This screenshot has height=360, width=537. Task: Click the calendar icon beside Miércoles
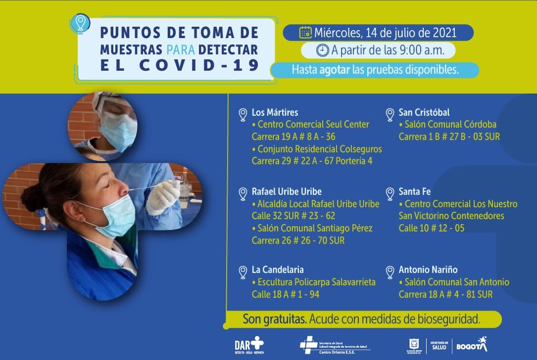click(x=305, y=33)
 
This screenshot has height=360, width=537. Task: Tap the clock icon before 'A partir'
click(x=322, y=50)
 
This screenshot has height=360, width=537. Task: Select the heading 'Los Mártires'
click(x=275, y=112)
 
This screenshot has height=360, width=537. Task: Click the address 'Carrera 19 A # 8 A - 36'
click(x=293, y=137)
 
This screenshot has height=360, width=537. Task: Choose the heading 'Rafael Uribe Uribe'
click(x=287, y=191)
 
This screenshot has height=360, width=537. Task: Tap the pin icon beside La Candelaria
click(x=243, y=272)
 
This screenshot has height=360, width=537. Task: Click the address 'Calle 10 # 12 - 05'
click(x=432, y=228)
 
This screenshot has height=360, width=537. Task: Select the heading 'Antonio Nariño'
click(x=428, y=270)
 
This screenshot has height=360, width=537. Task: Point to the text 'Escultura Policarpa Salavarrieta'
click(x=317, y=282)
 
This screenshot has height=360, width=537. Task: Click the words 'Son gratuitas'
click(x=274, y=319)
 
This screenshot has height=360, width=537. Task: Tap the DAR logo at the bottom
click(x=249, y=344)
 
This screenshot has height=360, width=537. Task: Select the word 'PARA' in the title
click(x=182, y=49)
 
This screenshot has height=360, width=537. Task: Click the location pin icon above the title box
click(x=80, y=23)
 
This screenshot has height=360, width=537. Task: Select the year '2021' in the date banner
click(x=452, y=33)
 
